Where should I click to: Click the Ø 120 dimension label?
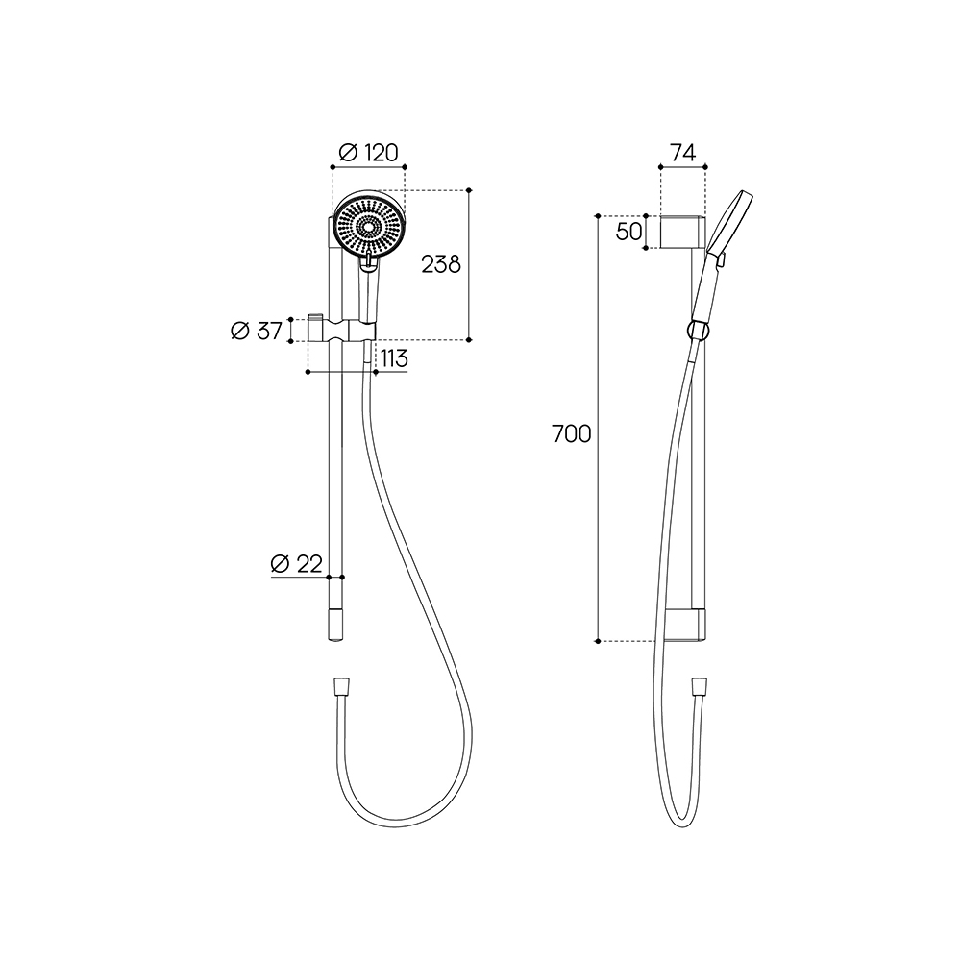tap(368, 152)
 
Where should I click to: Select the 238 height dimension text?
tap(441, 264)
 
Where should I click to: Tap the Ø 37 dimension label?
tap(257, 331)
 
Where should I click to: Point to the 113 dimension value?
tap(393, 357)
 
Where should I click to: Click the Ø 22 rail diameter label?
tap(297, 563)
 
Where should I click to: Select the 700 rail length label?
tap(572, 434)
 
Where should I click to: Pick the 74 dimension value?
tap(682, 153)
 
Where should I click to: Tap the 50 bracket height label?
tap(628, 232)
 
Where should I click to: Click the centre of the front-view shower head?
tap(368, 226)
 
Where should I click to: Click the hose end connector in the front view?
tap(341, 685)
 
